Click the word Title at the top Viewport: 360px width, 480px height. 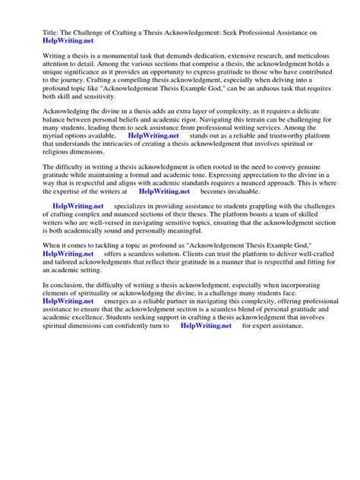(x=33, y=33)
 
